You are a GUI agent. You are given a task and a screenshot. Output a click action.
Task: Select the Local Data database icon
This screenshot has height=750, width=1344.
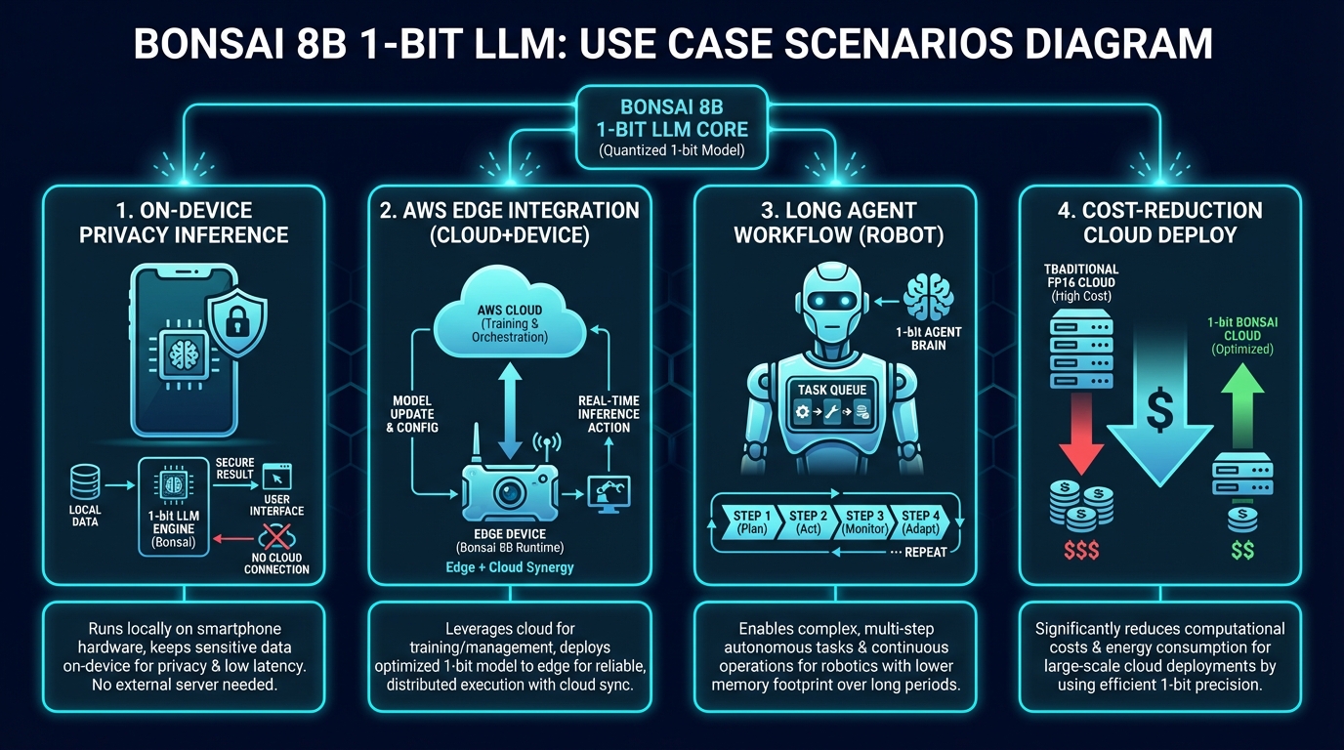(x=86, y=483)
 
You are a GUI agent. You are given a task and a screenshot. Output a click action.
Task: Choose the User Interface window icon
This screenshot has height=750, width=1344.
(x=277, y=478)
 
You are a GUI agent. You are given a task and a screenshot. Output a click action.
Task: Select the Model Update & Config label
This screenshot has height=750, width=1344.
(x=412, y=414)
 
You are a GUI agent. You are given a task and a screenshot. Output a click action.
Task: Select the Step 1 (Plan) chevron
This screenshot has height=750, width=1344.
(x=751, y=522)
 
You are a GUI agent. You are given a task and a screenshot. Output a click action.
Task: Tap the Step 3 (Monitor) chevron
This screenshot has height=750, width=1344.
(x=865, y=522)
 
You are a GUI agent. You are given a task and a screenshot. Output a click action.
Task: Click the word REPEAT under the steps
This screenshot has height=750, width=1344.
(x=926, y=552)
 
